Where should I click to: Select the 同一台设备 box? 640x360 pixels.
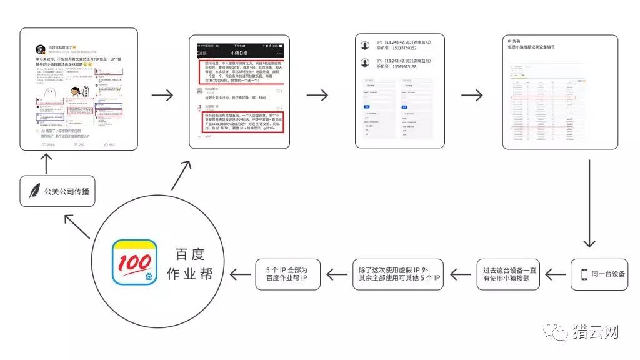click(599, 274)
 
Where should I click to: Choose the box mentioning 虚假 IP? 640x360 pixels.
click(398, 274)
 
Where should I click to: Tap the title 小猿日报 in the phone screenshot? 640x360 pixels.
click(240, 54)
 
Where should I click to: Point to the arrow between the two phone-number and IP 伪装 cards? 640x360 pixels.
click(472, 96)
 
